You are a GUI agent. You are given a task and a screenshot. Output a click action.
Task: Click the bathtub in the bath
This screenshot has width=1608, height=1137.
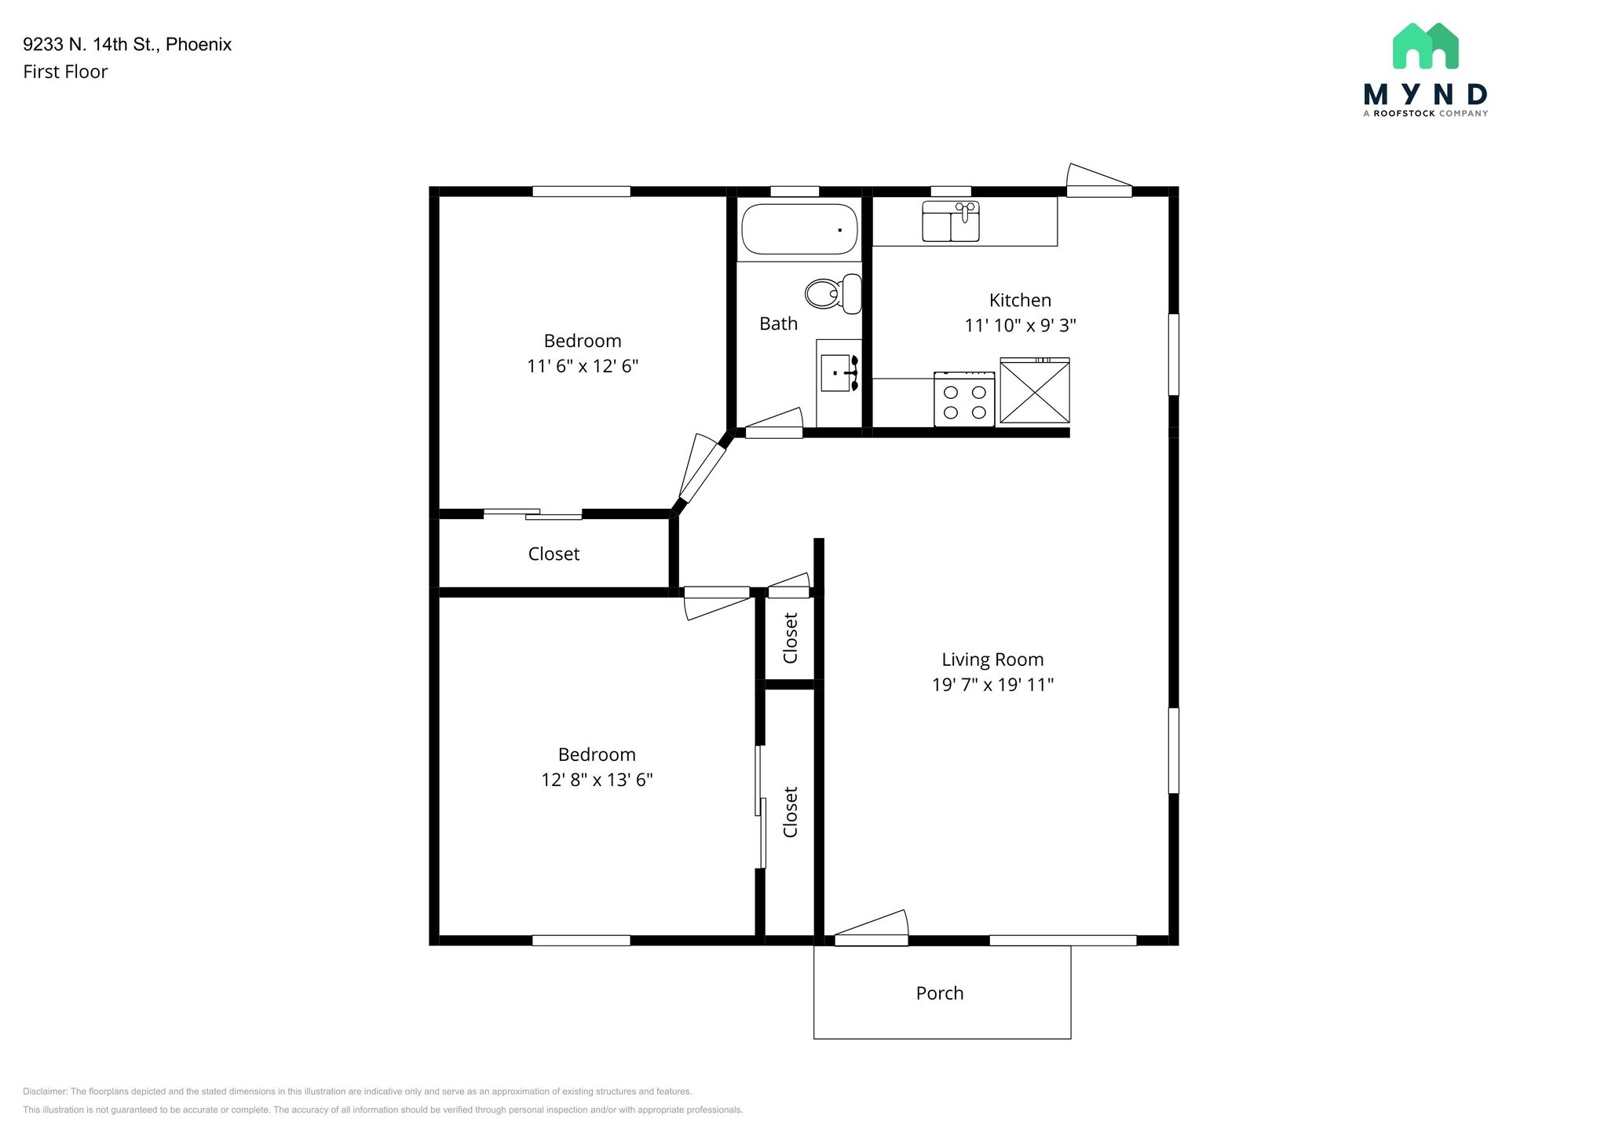click(x=799, y=229)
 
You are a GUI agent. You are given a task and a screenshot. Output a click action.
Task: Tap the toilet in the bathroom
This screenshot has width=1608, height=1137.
click(x=833, y=294)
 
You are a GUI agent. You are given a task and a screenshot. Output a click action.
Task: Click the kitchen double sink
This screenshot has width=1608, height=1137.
click(x=951, y=221)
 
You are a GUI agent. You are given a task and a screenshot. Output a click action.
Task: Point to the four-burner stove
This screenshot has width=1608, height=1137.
click(x=964, y=399)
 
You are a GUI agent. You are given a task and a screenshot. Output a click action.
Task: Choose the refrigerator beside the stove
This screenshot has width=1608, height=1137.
click(x=1035, y=390)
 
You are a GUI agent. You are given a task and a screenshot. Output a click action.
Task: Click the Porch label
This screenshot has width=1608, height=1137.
click(x=940, y=993)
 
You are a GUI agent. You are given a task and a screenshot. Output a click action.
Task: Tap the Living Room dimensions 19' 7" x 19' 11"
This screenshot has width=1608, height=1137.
click(x=992, y=685)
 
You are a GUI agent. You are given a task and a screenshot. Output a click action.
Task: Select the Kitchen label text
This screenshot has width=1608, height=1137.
click(x=1020, y=300)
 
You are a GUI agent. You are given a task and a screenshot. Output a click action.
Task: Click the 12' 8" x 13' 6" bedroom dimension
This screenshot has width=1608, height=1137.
click(x=597, y=780)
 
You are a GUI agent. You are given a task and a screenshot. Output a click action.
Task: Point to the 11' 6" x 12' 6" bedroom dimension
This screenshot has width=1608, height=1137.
click(x=583, y=366)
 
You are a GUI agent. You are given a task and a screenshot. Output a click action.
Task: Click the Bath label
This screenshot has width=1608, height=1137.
click(x=778, y=324)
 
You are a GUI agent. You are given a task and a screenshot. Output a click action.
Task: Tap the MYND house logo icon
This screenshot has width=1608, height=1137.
click(x=1425, y=46)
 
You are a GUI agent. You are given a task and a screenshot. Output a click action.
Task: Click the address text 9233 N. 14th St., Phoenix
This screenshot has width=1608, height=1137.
click(x=127, y=44)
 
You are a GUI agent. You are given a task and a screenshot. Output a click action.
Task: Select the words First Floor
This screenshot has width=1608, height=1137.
click(x=65, y=71)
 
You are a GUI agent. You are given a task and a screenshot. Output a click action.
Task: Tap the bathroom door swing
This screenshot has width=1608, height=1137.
click(x=774, y=423)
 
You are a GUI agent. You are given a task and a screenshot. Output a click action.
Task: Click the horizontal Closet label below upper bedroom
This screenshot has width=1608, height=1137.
click(x=554, y=554)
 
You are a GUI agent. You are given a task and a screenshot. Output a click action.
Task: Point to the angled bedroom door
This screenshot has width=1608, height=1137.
click(x=701, y=468)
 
